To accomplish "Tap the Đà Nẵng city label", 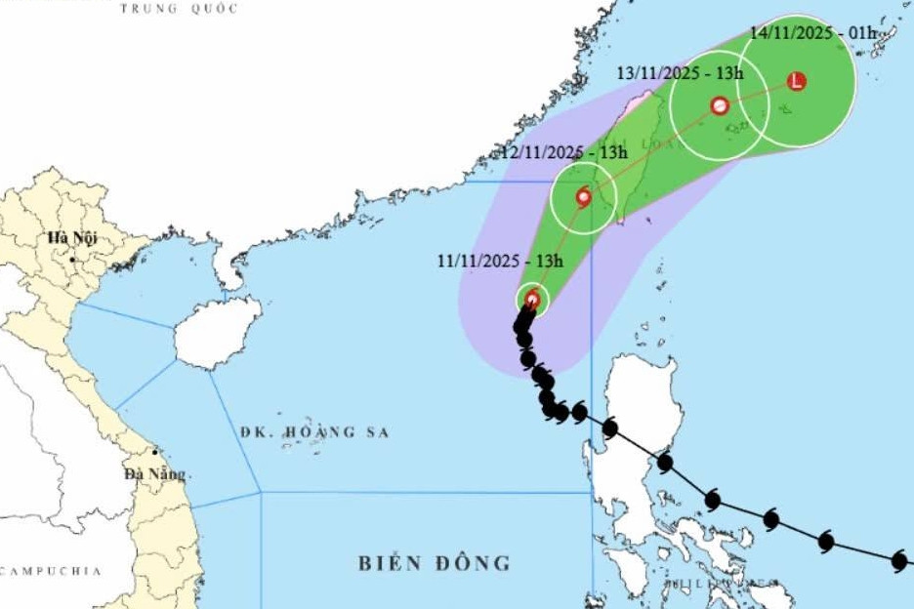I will click(x=154, y=473).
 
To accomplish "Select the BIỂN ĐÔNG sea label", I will click(x=434, y=563).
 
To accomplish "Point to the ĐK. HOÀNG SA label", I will click(x=313, y=432).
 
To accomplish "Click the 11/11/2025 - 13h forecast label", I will click(x=500, y=261).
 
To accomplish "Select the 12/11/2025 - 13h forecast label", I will click(x=563, y=153).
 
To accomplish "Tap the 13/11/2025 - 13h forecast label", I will click(x=681, y=73).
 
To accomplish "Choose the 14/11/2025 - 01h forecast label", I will click(x=813, y=32).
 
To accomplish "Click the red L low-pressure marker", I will click(x=797, y=81).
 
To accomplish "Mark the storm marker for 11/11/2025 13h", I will click(x=532, y=299).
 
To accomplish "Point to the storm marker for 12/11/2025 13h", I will click(x=583, y=197).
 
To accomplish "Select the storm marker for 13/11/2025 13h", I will click(x=720, y=105).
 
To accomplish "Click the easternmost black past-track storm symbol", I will click(x=899, y=559).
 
